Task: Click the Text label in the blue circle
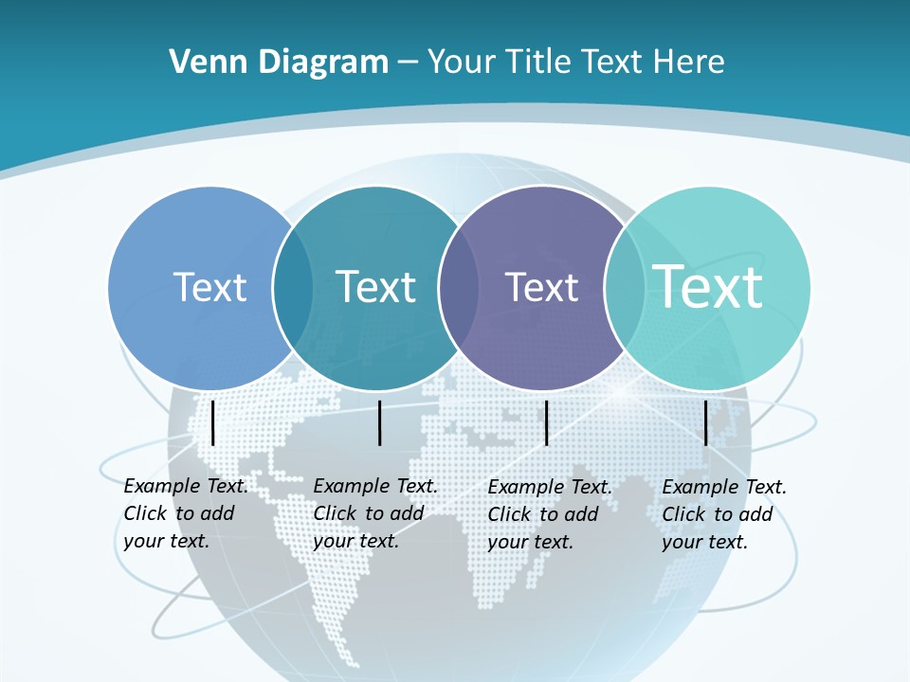209,287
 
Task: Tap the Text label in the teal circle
375,287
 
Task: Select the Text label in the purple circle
541,287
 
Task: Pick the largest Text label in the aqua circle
708,287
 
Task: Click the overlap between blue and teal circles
293,288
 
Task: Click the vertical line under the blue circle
212,422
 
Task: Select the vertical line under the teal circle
379,422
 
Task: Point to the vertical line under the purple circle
546,422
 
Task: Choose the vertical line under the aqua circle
706,422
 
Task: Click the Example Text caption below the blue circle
185,513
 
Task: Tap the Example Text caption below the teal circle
374,513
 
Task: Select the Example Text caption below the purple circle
549,513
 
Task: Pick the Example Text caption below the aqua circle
723,513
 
